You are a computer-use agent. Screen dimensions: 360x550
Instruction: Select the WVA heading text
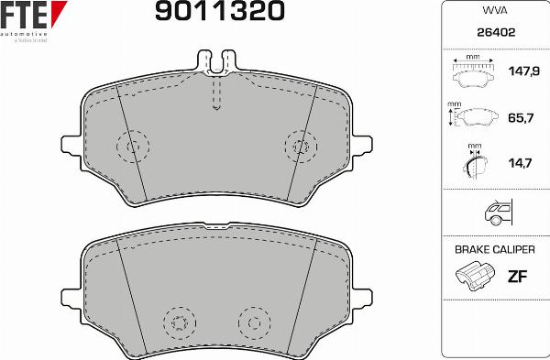tap(495, 11)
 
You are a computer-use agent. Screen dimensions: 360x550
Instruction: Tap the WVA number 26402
tap(495, 31)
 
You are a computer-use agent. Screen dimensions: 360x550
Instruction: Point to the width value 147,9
tap(521, 71)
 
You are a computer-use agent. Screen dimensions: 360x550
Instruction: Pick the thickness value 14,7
tap(521, 163)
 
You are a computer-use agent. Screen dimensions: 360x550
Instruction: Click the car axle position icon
tap(496, 213)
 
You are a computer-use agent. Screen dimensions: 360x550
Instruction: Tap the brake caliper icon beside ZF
tap(473, 277)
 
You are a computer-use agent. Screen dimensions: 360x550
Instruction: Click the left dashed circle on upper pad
tap(133, 146)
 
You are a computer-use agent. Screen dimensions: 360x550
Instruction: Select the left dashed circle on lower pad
tap(180, 322)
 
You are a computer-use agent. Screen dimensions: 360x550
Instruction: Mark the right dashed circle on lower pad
tap(255, 322)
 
